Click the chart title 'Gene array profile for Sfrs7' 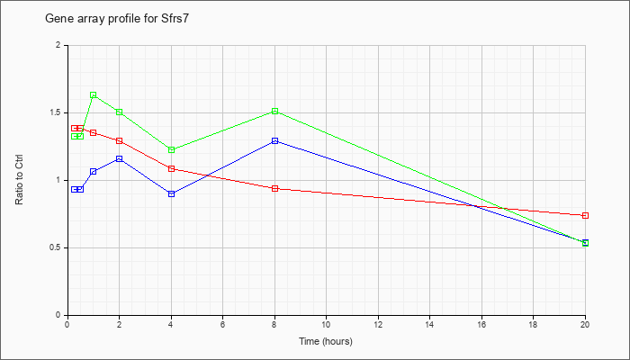[116, 19]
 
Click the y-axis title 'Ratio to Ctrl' [19, 180]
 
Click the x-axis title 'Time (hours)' [326, 341]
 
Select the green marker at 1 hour [94, 95]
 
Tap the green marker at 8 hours [274, 111]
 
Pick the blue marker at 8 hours [274, 141]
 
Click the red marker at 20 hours [585, 216]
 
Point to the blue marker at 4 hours [172, 194]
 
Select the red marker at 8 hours [274, 188]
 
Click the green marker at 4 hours [172, 150]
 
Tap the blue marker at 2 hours [120, 159]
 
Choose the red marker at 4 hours [172, 169]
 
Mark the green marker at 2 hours [120, 112]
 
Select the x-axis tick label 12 [378, 324]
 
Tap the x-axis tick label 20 [585, 324]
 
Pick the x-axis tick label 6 [222, 324]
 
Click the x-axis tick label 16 [481, 324]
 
